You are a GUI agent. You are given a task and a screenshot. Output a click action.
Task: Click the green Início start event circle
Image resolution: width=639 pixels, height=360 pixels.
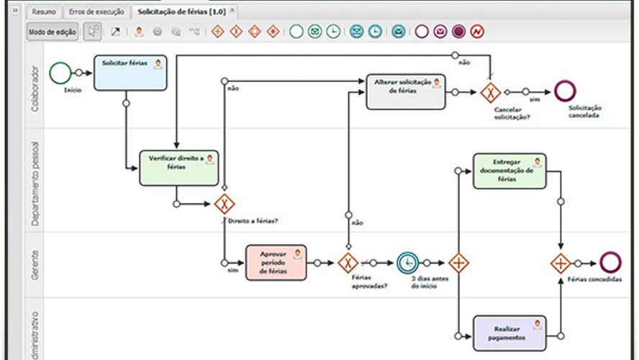pos(61,72)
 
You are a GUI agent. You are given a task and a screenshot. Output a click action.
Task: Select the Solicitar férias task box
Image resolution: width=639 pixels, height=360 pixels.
pos(130,73)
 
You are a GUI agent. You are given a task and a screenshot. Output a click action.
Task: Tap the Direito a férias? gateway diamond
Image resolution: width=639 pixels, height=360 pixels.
pos(225,204)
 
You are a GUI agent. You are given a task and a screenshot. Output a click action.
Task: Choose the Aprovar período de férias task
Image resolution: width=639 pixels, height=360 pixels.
pos(276,263)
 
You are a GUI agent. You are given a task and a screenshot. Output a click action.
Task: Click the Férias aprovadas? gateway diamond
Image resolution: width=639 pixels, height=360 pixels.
pos(348,263)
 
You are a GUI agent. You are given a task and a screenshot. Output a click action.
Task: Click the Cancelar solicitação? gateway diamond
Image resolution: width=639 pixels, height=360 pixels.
pos(491,92)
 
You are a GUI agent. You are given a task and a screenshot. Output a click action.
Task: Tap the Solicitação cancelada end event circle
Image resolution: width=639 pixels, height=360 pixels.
pos(566,91)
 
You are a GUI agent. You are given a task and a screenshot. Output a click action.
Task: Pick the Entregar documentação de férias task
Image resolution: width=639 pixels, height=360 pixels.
pos(509,171)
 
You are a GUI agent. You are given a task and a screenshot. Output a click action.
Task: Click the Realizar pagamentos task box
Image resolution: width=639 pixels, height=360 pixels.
pos(509,333)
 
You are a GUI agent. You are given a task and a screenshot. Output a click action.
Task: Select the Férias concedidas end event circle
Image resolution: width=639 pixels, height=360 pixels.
pos(610,263)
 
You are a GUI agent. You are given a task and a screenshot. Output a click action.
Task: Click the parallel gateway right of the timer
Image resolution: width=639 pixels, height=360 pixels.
pos(458,263)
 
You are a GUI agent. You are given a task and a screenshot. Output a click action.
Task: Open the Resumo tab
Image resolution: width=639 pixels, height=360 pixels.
pos(44,12)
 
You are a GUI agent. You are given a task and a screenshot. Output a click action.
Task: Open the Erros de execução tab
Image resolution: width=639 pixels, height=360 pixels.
pos(96,12)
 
